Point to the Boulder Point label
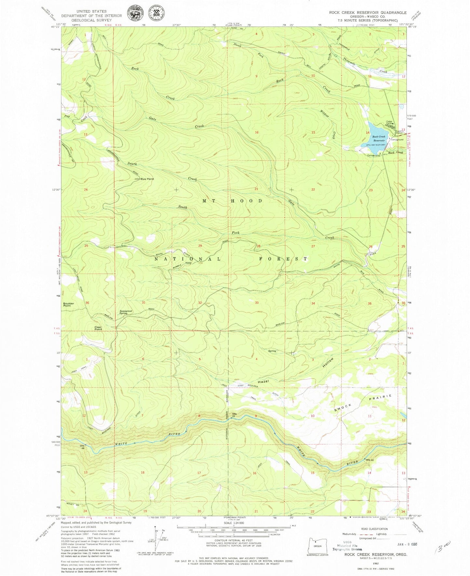[69, 304]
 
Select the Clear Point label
[98, 328]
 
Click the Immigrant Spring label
[126, 312]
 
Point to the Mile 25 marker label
[234, 415]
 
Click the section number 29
[200, 246]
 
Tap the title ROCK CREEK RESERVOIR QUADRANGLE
[368, 12]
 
